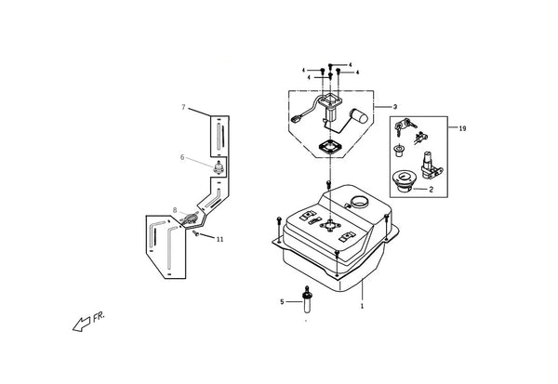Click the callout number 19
coord(462,129)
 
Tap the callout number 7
coord(183,107)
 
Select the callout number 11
coord(219,239)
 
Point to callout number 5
coord(282,302)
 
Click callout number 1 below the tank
coord(363,306)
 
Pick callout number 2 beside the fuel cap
coord(431,190)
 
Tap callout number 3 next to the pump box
coord(395,107)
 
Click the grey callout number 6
coord(182,157)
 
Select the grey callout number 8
coord(175,210)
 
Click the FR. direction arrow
coord(81,324)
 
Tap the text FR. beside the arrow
coord(99,317)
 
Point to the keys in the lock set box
coord(404,126)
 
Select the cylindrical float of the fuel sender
coord(358,115)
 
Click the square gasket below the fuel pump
coord(330,146)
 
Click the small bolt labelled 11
coord(195,233)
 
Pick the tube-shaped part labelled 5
coord(307,299)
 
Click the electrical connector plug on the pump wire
coord(297,119)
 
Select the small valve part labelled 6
coord(218,167)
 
